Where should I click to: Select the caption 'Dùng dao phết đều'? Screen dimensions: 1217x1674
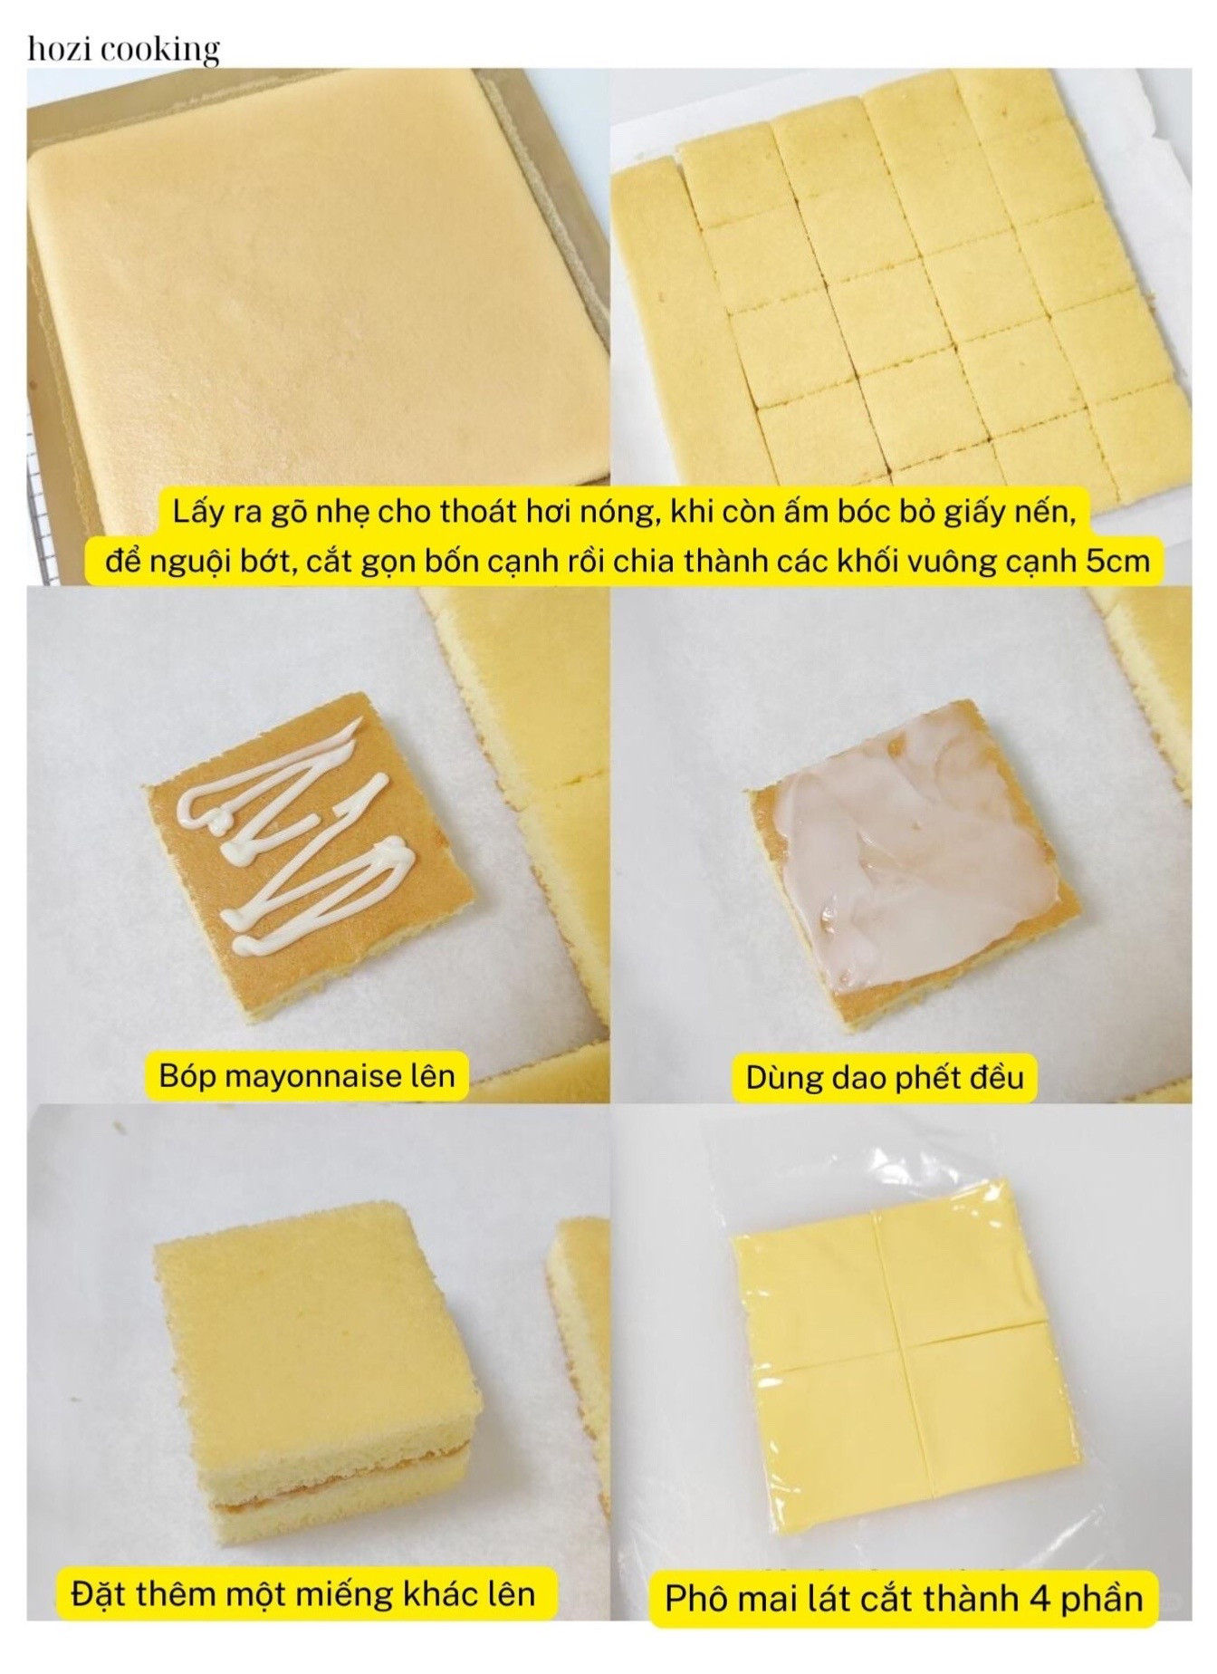[885, 1077]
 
